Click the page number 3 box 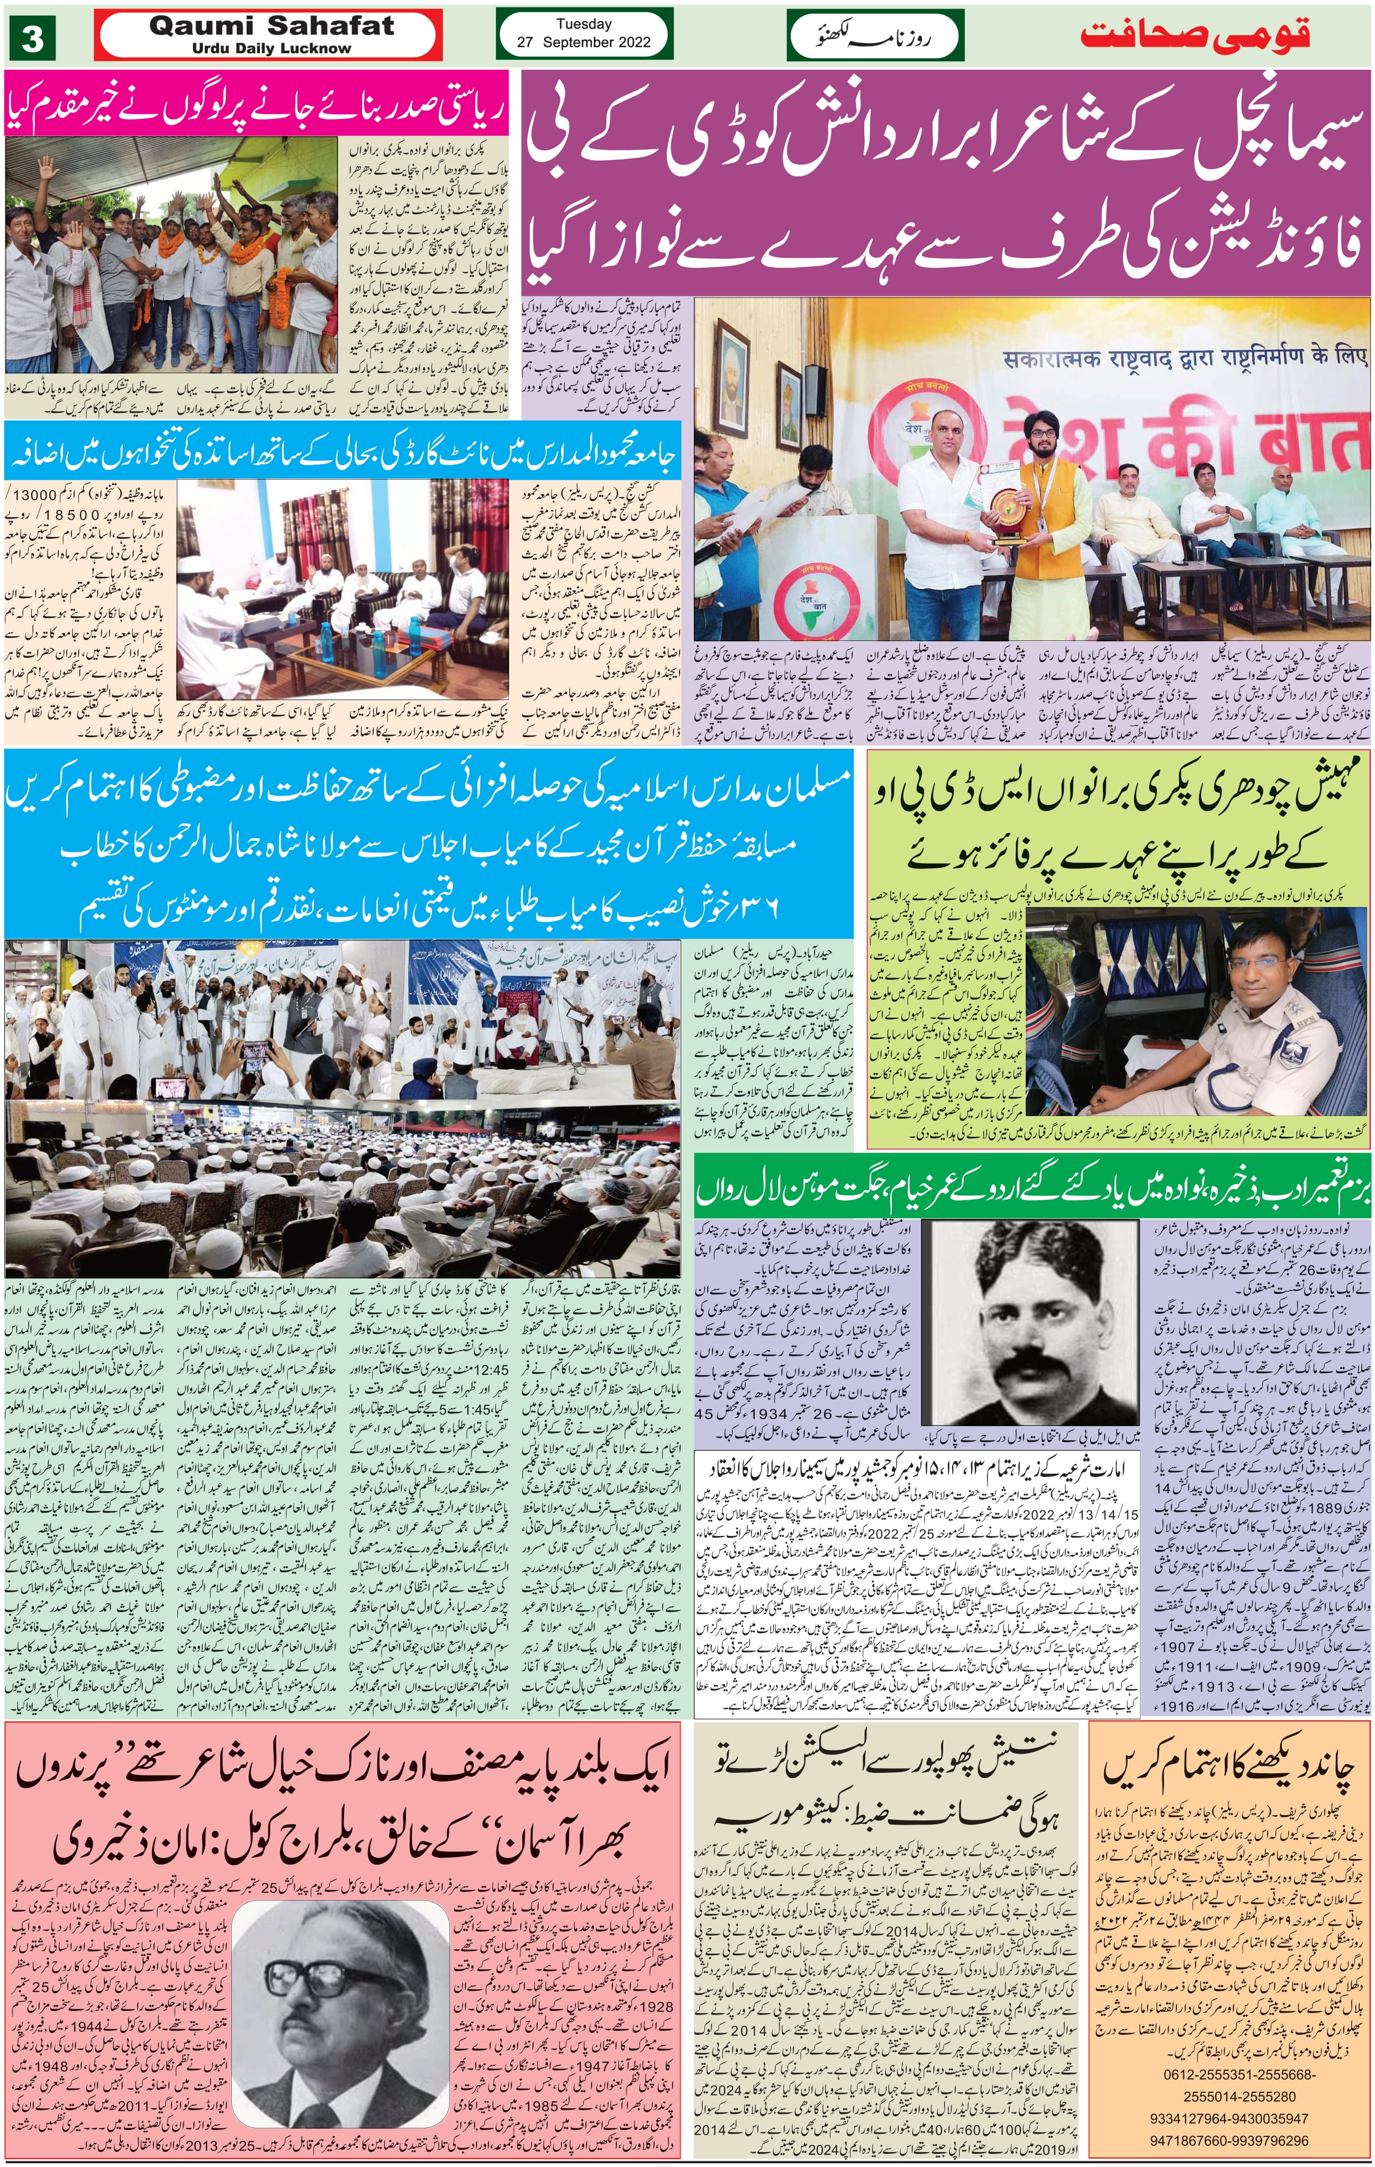(x=32, y=38)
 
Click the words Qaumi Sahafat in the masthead (x=271, y=26)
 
